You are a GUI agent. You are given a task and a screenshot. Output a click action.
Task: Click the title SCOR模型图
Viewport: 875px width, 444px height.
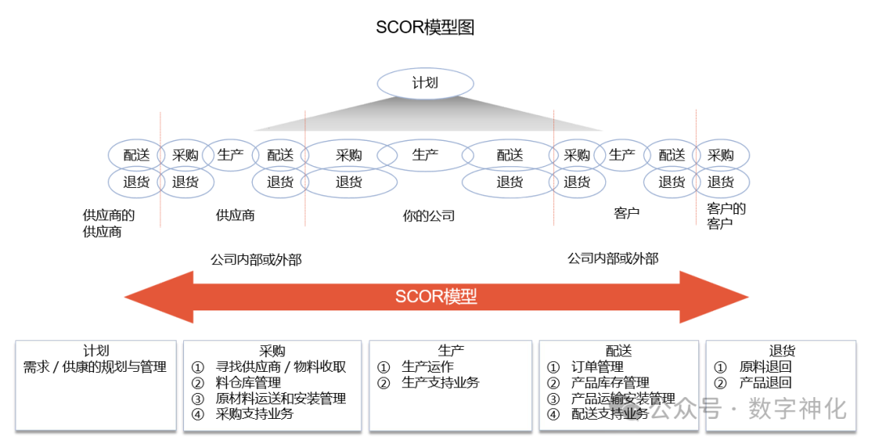(425, 28)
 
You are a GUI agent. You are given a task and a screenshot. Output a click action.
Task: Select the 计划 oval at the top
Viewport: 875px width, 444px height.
(425, 83)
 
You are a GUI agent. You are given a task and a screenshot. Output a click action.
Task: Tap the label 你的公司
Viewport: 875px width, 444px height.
(429, 216)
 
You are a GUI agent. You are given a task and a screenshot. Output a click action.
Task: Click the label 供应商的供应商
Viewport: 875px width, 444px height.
(109, 224)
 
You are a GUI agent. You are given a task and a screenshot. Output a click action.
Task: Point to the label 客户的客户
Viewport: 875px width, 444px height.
(725, 216)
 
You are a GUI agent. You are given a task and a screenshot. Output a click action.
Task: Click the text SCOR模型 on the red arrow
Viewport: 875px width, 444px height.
(436, 297)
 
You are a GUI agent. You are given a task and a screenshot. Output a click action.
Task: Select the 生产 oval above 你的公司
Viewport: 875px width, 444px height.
(425, 155)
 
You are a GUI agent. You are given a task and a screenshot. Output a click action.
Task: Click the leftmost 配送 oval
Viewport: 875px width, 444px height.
(136, 155)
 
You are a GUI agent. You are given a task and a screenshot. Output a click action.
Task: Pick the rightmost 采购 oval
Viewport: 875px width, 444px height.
(720, 155)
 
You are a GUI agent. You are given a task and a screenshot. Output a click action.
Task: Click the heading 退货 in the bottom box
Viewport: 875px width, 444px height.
(782, 351)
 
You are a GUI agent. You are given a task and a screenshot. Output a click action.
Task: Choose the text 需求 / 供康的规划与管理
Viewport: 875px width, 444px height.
(96, 367)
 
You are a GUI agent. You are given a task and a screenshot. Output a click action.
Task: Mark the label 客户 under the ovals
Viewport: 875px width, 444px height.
(626, 213)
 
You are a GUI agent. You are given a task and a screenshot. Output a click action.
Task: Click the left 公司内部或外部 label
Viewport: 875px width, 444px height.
(256, 260)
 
